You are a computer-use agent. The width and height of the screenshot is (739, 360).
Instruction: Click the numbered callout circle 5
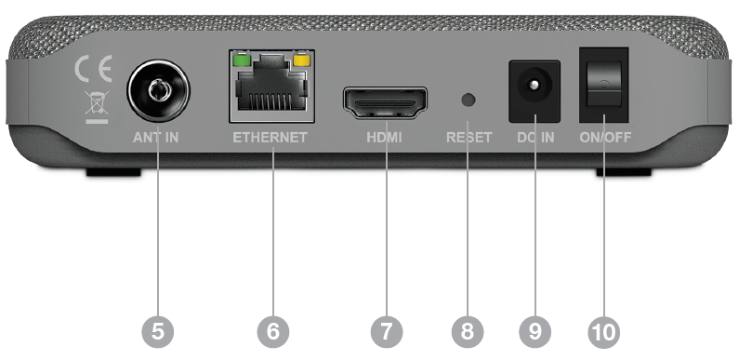tap(158, 332)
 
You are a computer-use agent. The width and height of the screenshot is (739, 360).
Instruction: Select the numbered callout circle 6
tap(273, 332)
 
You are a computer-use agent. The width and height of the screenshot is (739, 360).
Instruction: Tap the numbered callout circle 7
tap(387, 332)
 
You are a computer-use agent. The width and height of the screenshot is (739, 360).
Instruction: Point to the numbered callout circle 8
tap(468, 332)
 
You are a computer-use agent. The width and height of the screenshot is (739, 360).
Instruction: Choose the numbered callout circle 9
tap(535, 332)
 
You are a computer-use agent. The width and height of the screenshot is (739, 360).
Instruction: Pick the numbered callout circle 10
tap(604, 332)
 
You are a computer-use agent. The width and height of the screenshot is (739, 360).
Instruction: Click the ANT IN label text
tap(155, 138)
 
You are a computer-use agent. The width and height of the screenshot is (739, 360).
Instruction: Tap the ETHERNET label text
tap(271, 138)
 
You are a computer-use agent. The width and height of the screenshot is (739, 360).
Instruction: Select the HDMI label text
tap(384, 138)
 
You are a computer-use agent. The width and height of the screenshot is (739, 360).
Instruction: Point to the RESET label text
tap(468, 138)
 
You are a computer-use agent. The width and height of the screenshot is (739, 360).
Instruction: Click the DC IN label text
tap(535, 138)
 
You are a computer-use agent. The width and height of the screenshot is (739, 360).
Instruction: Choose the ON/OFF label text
tap(605, 138)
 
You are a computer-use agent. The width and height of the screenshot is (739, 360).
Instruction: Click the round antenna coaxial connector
tap(158, 90)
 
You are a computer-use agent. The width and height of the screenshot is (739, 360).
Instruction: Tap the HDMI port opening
tap(385, 103)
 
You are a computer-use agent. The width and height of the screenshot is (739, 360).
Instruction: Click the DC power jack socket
tap(534, 91)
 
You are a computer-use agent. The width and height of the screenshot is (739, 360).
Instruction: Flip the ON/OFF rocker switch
tap(604, 85)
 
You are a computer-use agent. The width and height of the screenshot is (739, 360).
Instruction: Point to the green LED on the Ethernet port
tap(242, 60)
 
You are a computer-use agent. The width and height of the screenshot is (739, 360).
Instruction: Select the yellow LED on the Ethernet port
tap(300, 60)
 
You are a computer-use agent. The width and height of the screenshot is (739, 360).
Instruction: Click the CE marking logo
tap(93, 69)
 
